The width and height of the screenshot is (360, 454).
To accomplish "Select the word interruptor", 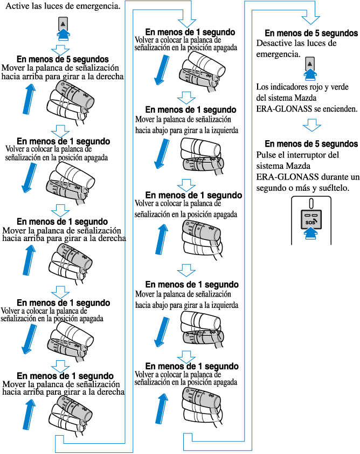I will pos(311,155).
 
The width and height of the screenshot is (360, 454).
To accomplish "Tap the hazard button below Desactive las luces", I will pos(310,64).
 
